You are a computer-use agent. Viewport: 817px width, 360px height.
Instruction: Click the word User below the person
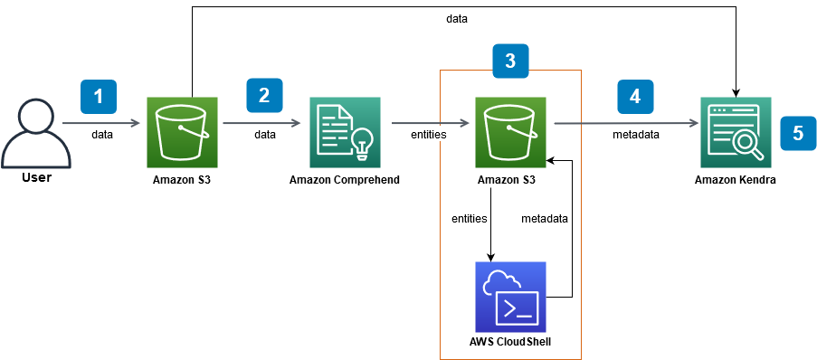pos(36,178)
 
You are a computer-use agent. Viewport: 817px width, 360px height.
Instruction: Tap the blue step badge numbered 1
pos(99,96)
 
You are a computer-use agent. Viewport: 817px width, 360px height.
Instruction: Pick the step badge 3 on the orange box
pos(510,61)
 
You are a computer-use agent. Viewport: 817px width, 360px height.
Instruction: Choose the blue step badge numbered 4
pos(635,96)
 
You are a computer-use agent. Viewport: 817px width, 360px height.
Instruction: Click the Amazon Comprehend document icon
pos(345,132)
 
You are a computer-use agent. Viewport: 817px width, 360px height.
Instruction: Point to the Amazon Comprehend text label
pos(345,180)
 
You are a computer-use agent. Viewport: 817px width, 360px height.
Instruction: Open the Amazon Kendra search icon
pos(735,132)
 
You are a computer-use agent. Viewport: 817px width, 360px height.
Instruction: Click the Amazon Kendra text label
pos(735,180)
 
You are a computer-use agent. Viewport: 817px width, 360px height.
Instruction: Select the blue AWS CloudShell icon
pos(510,297)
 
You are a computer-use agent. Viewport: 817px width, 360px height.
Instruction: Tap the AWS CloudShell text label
pos(510,343)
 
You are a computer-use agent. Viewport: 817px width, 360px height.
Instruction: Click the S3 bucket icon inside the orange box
pos(510,132)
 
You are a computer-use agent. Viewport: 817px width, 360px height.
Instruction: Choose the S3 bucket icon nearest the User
pos(183,132)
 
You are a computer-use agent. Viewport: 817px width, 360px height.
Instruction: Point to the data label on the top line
pos(457,18)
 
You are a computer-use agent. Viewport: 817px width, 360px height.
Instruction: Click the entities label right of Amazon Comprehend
pos(429,134)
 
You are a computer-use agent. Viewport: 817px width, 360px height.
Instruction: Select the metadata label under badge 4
pos(636,134)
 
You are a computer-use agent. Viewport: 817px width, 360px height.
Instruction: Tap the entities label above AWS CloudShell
pos(470,218)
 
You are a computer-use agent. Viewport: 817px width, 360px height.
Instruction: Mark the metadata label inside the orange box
pos(544,218)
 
